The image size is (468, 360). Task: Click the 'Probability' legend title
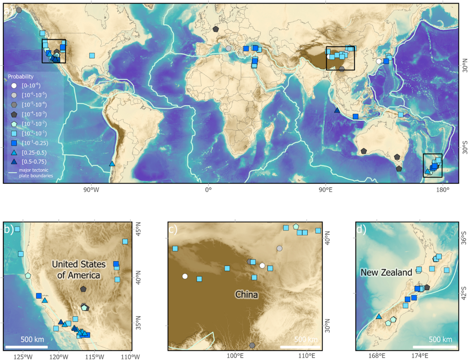(21, 76)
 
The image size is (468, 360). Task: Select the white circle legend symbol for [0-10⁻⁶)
(14, 85)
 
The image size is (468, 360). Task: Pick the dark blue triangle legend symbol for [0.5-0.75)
(14, 162)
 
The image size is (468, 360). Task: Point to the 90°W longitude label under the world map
(91, 190)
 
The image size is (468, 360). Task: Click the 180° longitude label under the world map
(442, 190)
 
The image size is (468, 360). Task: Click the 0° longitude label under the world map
(208, 190)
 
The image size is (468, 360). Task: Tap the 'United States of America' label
(79, 270)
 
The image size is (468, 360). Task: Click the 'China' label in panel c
(246, 294)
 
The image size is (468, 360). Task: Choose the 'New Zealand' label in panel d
(386, 273)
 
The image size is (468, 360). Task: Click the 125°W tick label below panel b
(23, 356)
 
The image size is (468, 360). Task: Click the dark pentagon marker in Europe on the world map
(216, 29)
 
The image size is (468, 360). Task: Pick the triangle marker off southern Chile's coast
(112, 163)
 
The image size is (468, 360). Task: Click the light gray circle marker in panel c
(279, 249)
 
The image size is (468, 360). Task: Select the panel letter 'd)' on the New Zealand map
(361, 229)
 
